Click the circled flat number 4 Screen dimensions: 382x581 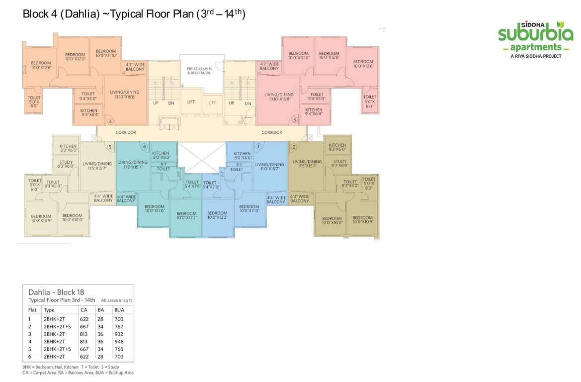coord(110,121)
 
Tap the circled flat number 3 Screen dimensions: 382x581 coord(294,120)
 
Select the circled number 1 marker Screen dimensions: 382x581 coord(258,146)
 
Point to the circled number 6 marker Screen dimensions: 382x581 coord(145,146)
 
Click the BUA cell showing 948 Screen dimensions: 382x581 coord(119,342)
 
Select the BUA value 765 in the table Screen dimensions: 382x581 coord(119,349)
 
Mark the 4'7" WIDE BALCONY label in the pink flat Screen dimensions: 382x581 coord(269,66)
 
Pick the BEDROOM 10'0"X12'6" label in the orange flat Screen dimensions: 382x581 coord(41,65)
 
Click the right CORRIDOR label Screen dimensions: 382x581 coord(272,132)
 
